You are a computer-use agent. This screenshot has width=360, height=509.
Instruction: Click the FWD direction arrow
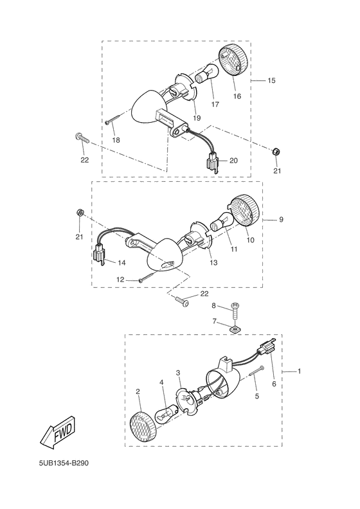tap(59, 432)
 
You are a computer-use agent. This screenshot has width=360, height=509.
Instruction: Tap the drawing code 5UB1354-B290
tap(64, 463)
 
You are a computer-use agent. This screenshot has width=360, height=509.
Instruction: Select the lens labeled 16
tap(234, 61)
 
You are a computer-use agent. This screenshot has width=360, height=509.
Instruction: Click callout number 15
tap(271, 80)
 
